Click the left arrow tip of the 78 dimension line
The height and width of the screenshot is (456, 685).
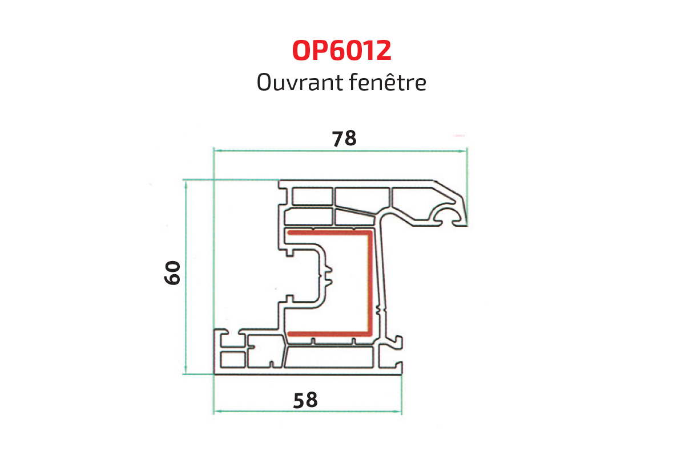[x=214, y=150]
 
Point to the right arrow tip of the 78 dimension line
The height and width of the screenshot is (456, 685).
[x=467, y=150]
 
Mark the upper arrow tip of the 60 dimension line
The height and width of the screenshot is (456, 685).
[x=186, y=180]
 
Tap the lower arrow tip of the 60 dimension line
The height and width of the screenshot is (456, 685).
[x=186, y=373]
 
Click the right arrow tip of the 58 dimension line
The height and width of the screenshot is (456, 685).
[x=401, y=412]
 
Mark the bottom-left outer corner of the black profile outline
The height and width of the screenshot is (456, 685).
[x=214, y=374]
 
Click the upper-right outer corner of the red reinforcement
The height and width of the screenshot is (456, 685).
[x=372, y=231]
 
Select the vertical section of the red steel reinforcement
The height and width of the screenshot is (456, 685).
[x=369, y=283]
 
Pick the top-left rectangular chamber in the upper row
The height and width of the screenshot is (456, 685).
[x=313, y=197]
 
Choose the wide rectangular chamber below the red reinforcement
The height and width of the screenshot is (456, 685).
[x=329, y=357]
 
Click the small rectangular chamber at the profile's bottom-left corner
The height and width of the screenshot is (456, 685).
[x=233, y=360]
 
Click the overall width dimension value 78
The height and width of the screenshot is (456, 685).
[x=344, y=139]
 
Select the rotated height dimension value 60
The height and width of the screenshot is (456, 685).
[x=172, y=272]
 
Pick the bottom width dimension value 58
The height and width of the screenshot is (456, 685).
[x=305, y=400]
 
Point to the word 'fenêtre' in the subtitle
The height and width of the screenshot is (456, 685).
[x=388, y=82]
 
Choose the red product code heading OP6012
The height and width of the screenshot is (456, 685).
[x=342, y=50]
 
